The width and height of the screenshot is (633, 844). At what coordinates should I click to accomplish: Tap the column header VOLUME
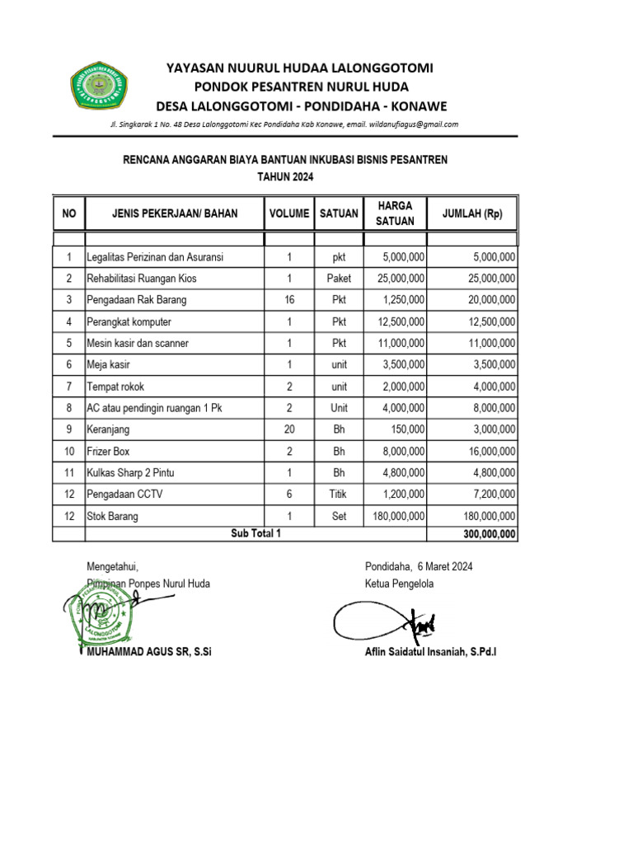coord(289,213)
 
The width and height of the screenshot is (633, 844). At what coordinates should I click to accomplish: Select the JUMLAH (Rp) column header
coord(472,213)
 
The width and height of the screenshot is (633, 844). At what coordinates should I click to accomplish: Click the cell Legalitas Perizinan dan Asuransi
coord(155,257)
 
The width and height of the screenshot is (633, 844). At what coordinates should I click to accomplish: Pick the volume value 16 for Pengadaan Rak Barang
coord(289,300)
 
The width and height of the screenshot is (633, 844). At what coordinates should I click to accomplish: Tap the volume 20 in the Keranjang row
coord(289,429)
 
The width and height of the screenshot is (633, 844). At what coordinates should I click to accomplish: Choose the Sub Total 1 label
coord(256,533)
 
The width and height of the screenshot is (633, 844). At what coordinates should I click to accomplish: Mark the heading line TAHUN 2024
coord(285,176)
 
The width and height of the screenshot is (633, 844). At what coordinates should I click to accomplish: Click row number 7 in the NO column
coord(69,387)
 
